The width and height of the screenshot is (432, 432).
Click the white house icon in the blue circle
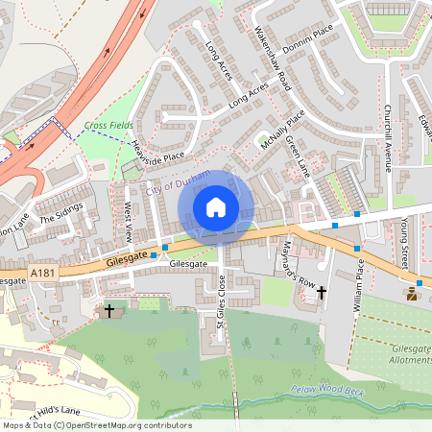point(216,206)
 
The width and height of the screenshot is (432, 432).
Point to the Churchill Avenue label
point(388,137)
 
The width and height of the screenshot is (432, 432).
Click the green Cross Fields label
point(108,125)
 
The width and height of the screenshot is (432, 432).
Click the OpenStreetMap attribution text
point(96,425)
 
